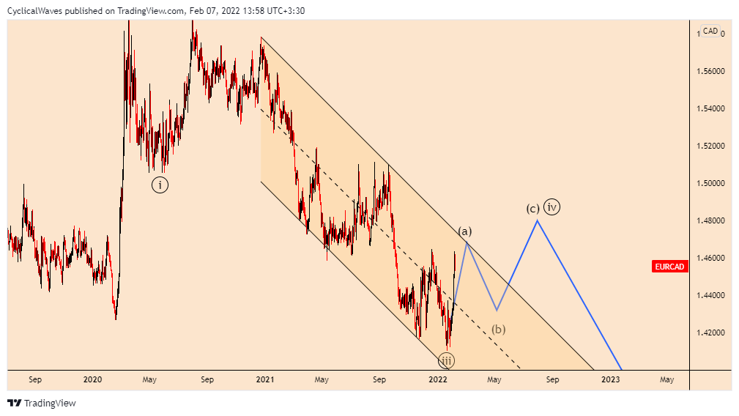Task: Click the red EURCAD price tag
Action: tap(669, 267)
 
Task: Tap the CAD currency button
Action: tap(710, 31)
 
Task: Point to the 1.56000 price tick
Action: tap(710, 71)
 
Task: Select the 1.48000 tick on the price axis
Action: tap(710, 220)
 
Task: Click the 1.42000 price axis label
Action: tap(710, 333)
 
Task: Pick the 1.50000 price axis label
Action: tap(710, 183)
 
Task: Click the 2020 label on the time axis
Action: tap(92, 380)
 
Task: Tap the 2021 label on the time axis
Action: tap(265, 380)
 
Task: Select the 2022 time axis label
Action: tap(438, 380)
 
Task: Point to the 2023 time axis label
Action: tap(611, 380)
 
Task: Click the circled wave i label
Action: tap(160, 185)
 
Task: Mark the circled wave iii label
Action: tap(446, 360)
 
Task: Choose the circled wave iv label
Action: tap(552, 207)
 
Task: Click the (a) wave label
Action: tap(464, 232)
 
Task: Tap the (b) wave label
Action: tap(499, 329)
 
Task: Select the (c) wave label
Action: tap(533, 208)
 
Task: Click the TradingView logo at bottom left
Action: tap(42, 403)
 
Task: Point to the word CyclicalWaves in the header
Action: tap(34, 11)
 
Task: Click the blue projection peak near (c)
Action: tap(538, 220)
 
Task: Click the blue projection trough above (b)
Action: tap(497, 310)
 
